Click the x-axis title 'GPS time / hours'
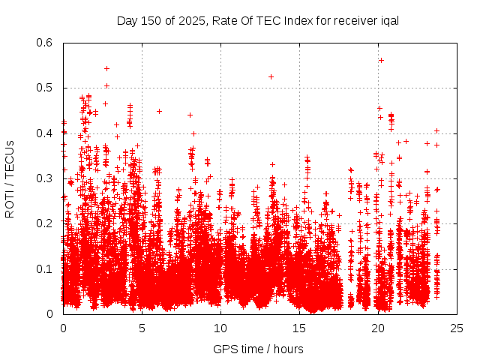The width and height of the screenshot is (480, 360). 259,349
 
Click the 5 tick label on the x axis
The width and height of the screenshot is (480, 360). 142,328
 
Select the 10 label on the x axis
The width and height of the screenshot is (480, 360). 220,328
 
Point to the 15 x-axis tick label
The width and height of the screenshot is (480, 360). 299,328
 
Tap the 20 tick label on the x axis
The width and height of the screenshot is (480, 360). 378,328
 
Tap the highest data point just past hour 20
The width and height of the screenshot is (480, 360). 381,60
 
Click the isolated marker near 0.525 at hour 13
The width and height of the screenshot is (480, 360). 271,76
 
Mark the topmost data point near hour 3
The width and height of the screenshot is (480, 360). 106,68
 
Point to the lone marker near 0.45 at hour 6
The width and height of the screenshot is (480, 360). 159,111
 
